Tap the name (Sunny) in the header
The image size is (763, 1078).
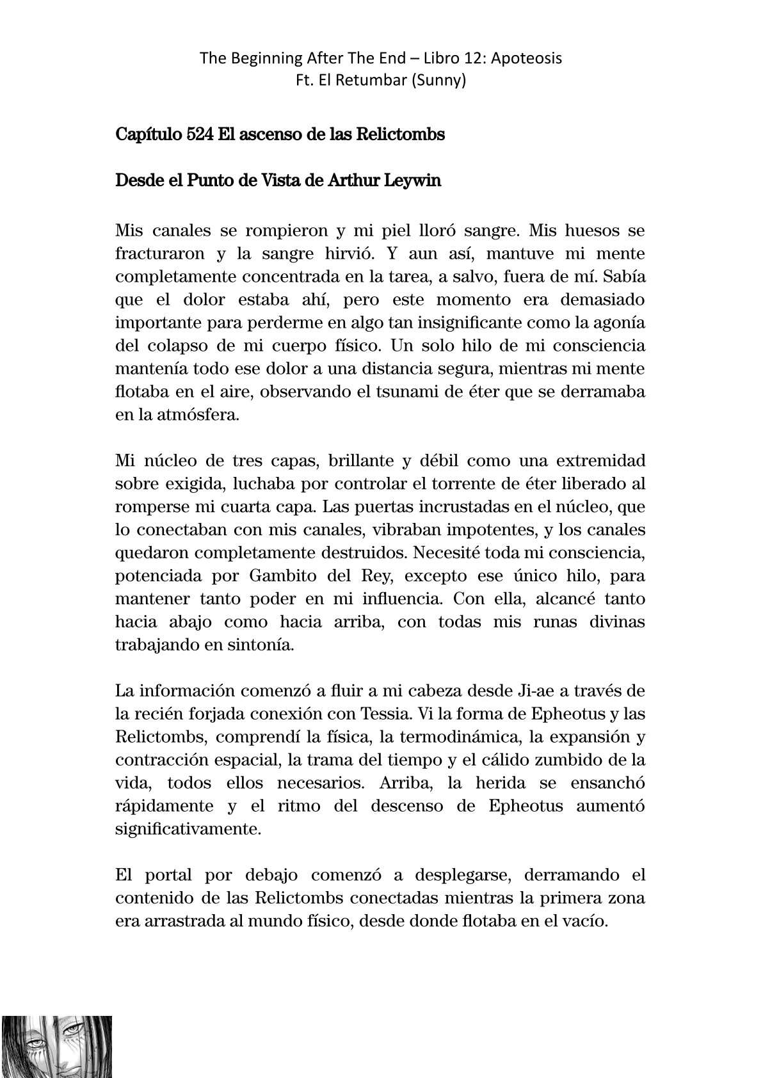point(440,81)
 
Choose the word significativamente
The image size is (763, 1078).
point(188,830)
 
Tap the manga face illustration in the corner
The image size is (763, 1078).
point(56,1046)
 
